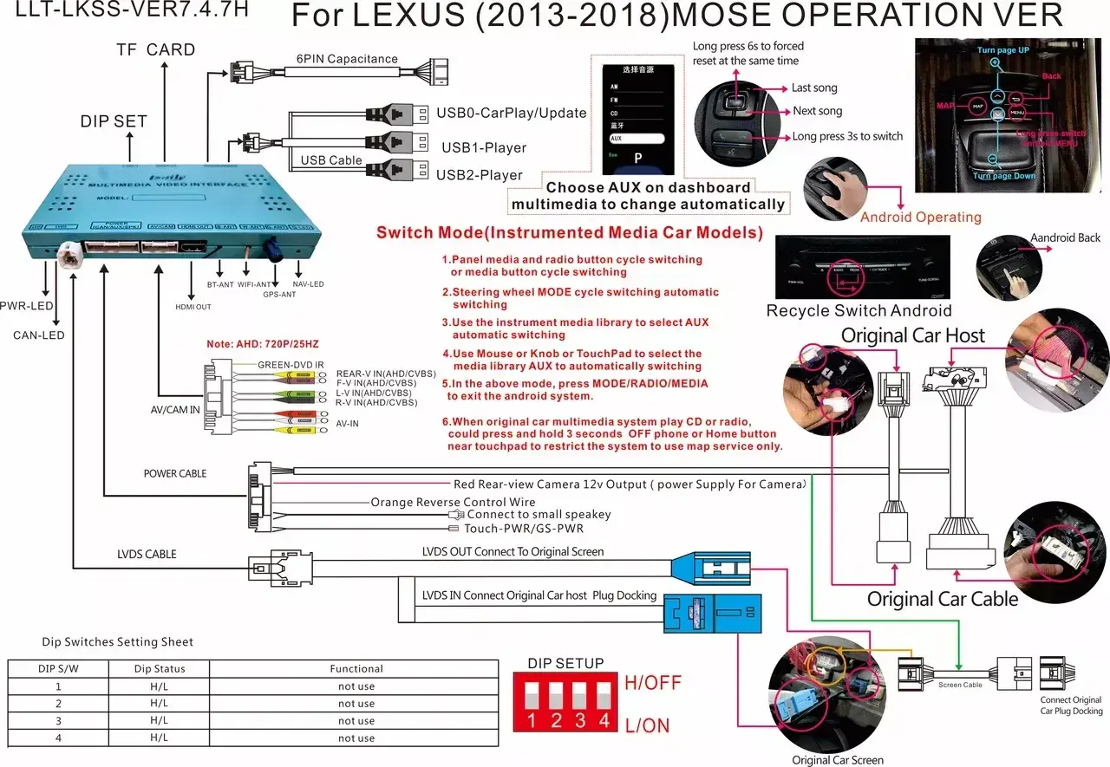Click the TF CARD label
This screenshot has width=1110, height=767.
point(156,49)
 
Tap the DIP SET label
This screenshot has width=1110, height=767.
point(114,121)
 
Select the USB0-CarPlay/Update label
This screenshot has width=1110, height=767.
point(512,113)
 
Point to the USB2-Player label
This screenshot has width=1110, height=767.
point(480,175)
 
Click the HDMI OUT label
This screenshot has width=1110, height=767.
point(193,307)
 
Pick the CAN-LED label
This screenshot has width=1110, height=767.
point(39,335)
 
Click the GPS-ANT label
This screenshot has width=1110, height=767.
point(280,295)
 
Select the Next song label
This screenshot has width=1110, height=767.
point(817,111)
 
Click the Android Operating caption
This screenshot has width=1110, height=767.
point(921,218)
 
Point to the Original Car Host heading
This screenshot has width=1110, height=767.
point(913,335)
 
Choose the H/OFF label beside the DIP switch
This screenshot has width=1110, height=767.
point(653,682)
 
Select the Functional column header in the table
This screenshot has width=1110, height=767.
point(356,669)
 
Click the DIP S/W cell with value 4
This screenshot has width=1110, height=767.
point(58,738)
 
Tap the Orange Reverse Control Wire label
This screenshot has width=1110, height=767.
point(453,502)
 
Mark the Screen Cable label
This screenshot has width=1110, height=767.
point(960,686)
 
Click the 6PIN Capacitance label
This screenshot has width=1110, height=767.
point(346,60)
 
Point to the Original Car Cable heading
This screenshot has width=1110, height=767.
point(943,599)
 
